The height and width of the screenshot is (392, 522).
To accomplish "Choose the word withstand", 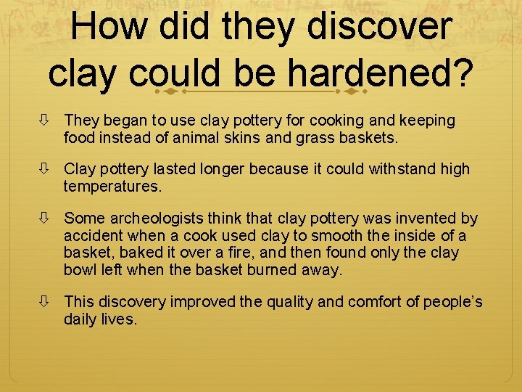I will (404, 169).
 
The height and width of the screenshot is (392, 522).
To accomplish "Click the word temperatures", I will (112, 187).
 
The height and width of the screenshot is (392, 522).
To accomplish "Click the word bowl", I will (79, 271).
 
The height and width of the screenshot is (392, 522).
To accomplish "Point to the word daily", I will (81, 319).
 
